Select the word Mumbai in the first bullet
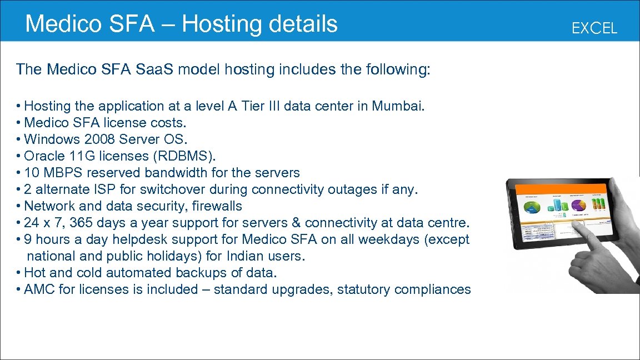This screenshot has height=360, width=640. pyautogui.click(x=397, y=106)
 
